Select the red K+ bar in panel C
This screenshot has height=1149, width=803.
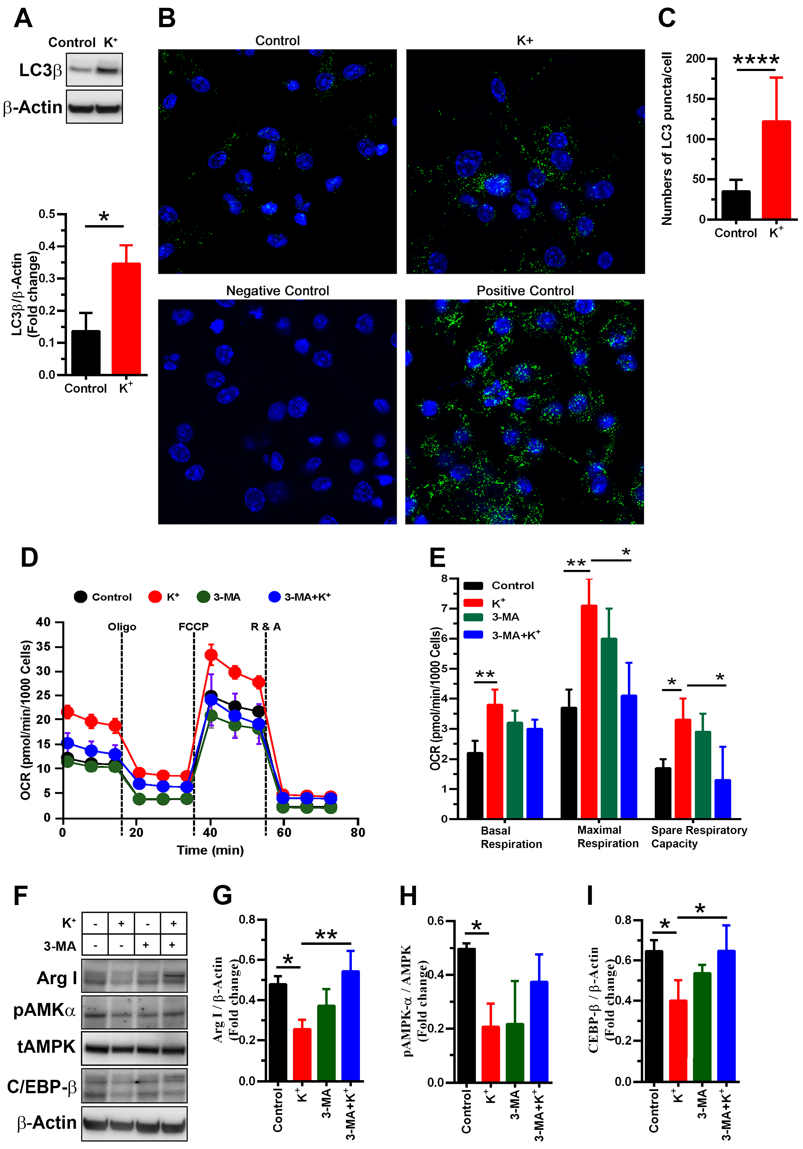click(x=776, y=170)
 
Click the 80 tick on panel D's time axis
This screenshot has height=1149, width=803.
click(x=358, y=832)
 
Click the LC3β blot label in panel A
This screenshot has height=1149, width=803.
click(x=40, y=70)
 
